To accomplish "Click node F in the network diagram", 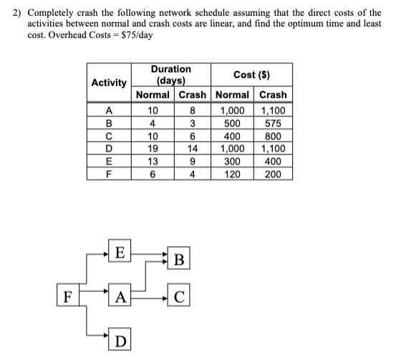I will click(67, 295).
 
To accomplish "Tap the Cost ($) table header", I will click(251, 75).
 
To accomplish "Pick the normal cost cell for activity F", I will click(233, 173).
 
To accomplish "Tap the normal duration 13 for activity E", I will click(152, 160).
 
